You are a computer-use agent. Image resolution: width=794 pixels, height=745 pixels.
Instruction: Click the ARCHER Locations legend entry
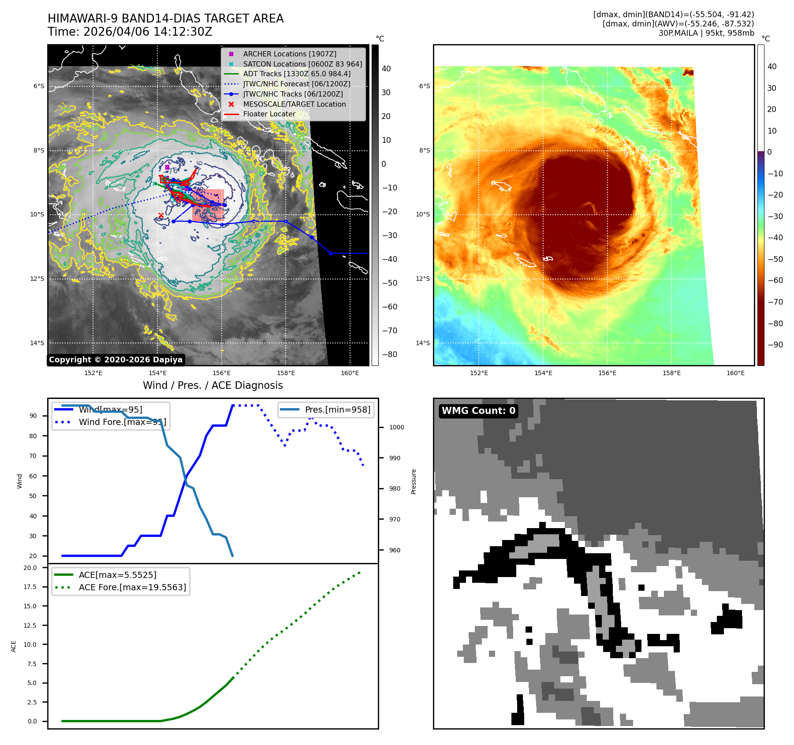click(289, 54)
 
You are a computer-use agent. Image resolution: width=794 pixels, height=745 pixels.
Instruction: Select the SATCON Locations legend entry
click(302, 64)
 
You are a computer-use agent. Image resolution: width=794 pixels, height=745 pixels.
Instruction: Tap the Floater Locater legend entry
click(269, 114)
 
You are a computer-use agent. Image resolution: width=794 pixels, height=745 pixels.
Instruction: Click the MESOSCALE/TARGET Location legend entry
click(294, 104)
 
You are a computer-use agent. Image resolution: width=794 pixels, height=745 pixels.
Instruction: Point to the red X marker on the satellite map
click(161, 215)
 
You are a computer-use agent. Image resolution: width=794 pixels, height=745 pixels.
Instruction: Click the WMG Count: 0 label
click(478, 411)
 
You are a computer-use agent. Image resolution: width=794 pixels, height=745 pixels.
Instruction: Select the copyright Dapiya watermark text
click(116, 360)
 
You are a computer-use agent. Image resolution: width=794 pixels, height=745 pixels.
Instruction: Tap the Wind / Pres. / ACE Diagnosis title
click(212, 385)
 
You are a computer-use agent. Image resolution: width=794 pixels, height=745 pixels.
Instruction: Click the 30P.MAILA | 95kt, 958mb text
click(706, 33)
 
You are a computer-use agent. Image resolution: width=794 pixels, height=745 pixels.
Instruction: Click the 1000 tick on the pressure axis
click(396, 427)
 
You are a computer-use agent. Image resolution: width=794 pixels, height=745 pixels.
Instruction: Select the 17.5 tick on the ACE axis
click(30, 587)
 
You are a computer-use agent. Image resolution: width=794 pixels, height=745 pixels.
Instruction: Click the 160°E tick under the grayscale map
click(350, 373)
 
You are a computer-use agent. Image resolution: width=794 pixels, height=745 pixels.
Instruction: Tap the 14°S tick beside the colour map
click(423, 343)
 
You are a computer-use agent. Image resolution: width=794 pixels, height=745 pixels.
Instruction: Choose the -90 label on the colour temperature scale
click(775, 345)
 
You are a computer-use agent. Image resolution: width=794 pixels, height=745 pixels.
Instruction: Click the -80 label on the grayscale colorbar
click(389, 354)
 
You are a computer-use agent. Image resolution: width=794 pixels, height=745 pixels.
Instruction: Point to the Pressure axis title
click(414, 481)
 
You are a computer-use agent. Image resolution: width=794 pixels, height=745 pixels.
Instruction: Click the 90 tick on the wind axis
click(33, 416)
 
